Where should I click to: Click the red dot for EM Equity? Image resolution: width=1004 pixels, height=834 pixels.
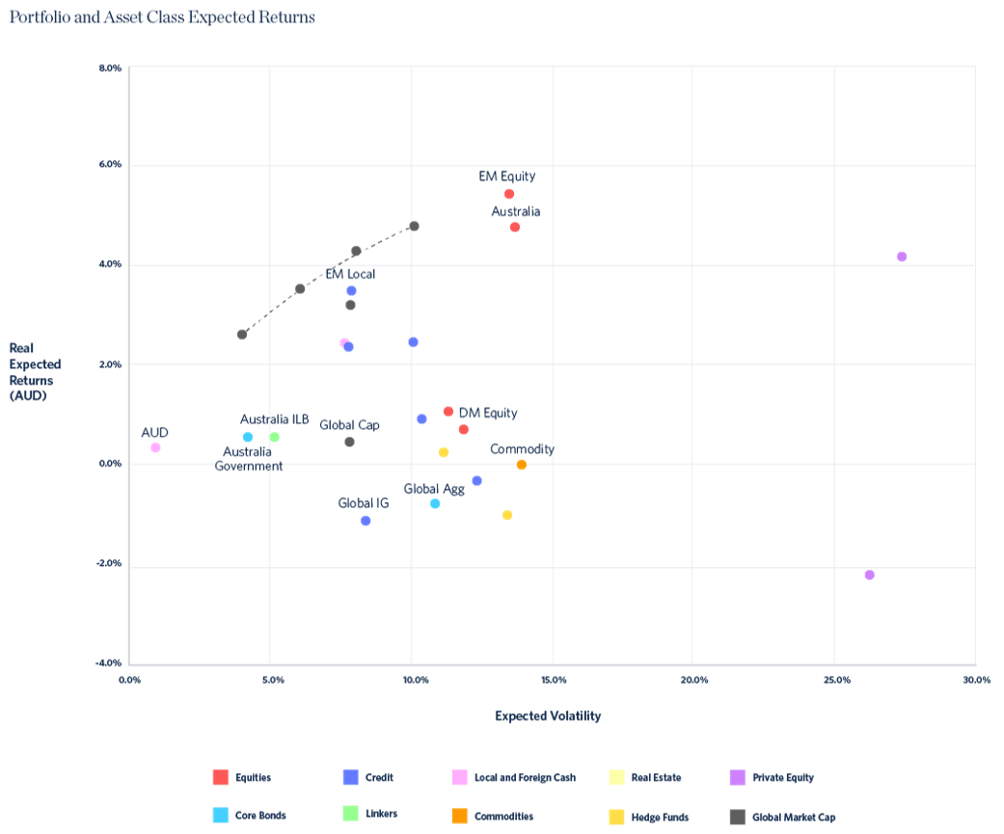tap(509, 194)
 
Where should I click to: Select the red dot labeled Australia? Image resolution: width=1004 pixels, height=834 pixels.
tap(515, 228)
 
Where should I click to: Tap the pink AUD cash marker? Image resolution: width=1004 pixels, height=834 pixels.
tap(155, 447)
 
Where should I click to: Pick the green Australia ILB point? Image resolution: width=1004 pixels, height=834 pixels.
tap(275, 437)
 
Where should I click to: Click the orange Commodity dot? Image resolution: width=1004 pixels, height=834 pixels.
tap(522, 465)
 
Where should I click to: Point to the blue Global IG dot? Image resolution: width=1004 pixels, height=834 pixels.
tap(366, 521)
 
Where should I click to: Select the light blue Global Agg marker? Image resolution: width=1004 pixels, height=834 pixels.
tap(435, 503)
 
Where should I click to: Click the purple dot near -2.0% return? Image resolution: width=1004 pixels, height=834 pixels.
tap(870, 575)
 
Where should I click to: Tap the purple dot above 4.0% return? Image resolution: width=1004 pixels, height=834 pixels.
tap(902, 256)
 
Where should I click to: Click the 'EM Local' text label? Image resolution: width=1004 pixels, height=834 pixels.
tap(350, 274)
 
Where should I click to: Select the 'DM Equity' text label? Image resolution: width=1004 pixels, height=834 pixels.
tap(488, 413)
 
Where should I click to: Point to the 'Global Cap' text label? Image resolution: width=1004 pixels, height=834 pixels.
tap(349, 424)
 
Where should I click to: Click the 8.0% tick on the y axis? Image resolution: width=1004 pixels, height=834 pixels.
tap(110, 68)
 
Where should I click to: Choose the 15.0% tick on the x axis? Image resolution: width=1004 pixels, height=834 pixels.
tap(553, 680)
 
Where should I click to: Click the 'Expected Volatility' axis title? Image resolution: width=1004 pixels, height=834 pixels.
tap(548, 715)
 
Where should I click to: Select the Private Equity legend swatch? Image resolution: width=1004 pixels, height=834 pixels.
tap(738, 777)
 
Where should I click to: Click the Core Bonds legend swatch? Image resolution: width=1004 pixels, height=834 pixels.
tap(220, 816)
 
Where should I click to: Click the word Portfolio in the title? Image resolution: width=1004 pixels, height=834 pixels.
tap(39, 17)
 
